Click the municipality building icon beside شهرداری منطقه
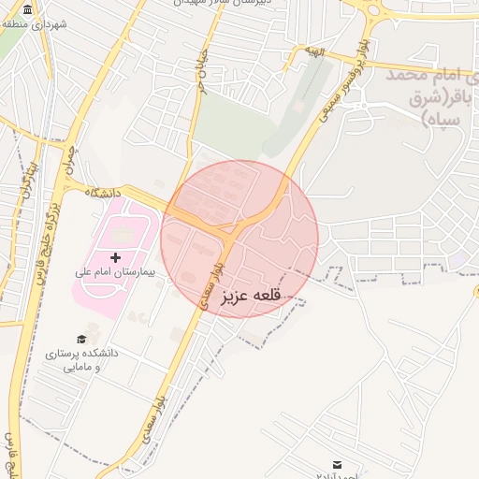[x=25, y=10]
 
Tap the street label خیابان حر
[x=198, y=70]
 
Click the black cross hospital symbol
[x=116, y=256]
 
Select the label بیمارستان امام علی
[x=119, y=273]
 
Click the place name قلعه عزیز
[x=251, y=298]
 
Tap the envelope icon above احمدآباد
[x=337, y=463]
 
